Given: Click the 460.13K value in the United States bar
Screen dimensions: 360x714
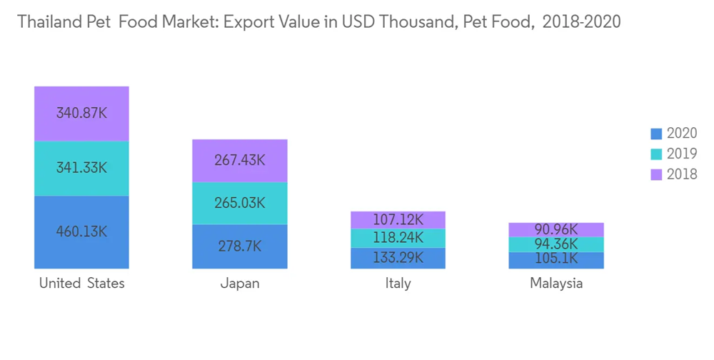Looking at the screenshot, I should pos(81,231).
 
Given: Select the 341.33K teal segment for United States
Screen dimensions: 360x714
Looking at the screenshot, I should pos(81,169).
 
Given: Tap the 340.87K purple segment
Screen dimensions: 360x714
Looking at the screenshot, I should pos(81,114).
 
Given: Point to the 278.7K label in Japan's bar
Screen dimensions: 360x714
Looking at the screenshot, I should pos(240,246).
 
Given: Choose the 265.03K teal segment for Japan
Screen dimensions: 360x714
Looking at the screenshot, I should pos(240,203).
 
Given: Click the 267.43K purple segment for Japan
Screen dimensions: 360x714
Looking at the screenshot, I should pos(240,160).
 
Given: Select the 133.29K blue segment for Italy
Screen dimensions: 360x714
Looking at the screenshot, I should pos(398,258).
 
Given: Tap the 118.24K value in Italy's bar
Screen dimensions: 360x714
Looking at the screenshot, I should pos(398,238).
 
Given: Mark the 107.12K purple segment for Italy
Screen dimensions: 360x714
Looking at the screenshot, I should pos(398,220).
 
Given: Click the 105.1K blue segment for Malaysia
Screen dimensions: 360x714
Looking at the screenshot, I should pos(556,260).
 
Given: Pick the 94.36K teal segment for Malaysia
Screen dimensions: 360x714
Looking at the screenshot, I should pos(556,245).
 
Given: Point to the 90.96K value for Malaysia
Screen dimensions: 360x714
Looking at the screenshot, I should pos(556,230).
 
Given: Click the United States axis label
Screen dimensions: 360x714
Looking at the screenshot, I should pos(81,284).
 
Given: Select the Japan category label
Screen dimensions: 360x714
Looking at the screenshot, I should pos(240,284).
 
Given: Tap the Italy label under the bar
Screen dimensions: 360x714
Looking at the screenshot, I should pos(398,284).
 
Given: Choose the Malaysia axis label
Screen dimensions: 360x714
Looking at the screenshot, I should pos(556,284).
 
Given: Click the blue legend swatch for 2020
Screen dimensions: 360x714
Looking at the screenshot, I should pos(657,134).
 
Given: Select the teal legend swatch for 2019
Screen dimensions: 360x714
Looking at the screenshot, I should pos(657,154).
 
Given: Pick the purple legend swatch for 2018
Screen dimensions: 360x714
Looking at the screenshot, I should pos(657,174).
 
